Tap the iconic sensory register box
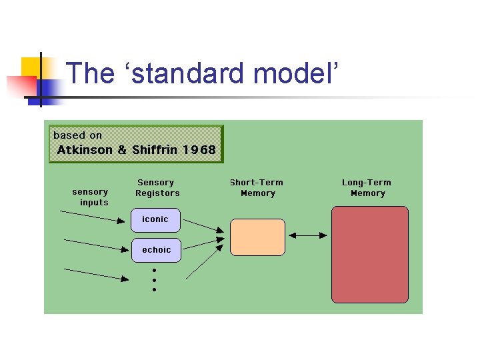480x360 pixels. pos(156,219)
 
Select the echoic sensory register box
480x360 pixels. pos(156,250)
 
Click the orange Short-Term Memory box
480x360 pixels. pos(257,237)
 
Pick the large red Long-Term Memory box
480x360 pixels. pos(369,254)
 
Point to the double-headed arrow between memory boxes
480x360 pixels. pos(308,235)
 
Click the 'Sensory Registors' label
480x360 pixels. pos(157,188)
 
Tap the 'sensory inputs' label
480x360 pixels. pos(91,197)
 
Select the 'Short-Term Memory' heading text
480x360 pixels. pos(257,188)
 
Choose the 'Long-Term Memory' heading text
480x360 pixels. pos(367,188)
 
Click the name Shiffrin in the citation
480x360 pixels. pos(154,150)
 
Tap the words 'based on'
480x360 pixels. pos(77,135)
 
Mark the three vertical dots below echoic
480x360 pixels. pos(154,280)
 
